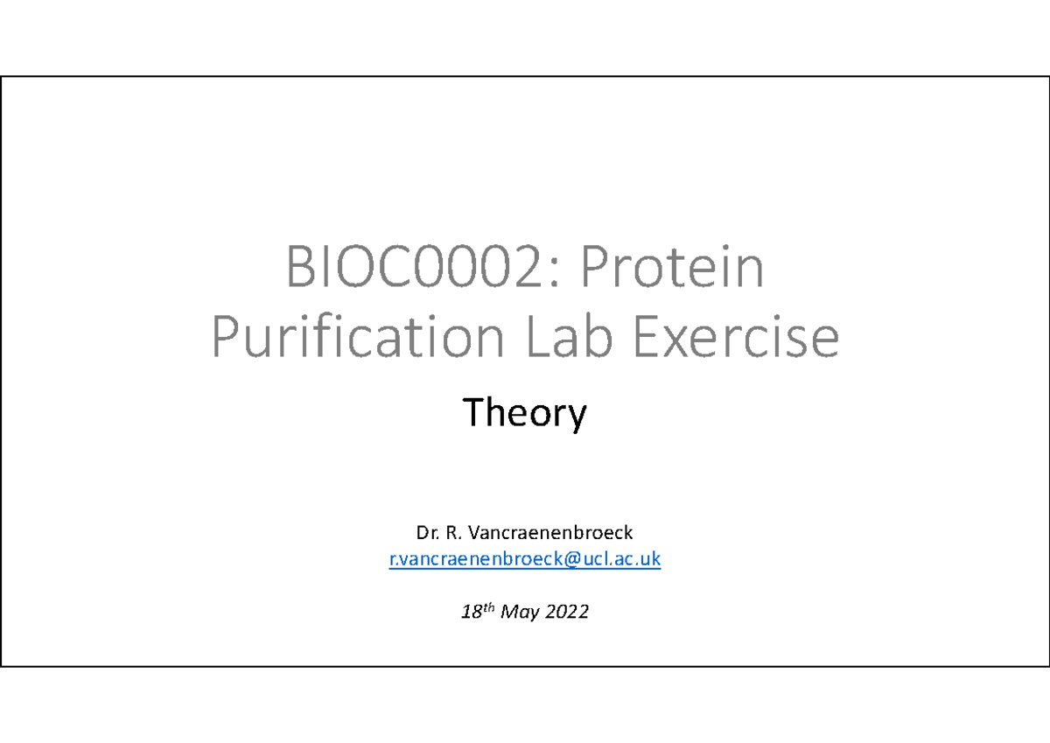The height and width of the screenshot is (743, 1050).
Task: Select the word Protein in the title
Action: coord(672,270)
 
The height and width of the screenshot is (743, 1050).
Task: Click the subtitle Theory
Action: coord(524,413)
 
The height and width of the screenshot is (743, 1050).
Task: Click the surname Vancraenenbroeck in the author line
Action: coord(551,532)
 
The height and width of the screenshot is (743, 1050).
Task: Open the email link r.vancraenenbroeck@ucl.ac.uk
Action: coord(524,560)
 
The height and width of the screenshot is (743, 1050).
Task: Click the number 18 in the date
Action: coord(471,613)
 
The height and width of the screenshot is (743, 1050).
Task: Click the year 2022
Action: coord(568,613)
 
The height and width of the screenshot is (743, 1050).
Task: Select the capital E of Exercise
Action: coord(650,338)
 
